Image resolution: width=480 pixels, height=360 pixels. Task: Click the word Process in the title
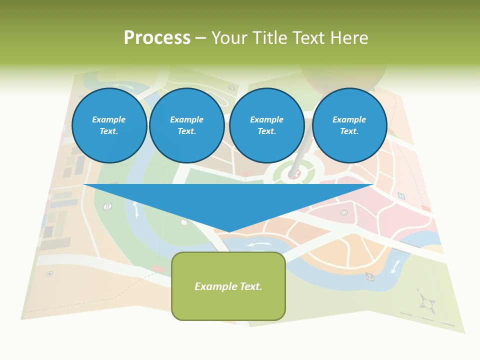[x=157, y=38]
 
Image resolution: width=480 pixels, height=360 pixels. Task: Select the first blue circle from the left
[x=109, y=125]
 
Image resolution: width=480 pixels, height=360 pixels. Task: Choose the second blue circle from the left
[x=186, y=125]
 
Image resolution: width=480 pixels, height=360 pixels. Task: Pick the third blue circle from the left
[x=266, y=125]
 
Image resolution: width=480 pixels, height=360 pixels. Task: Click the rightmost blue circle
[x=349, y=125]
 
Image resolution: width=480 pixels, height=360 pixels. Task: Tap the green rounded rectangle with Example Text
[x=228, y=286]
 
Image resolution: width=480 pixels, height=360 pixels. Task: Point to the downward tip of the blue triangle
[x=228, y=231]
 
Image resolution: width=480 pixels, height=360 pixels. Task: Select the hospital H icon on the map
[x=401, y=195]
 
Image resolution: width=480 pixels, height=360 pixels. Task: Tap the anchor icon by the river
[x=369, y=275]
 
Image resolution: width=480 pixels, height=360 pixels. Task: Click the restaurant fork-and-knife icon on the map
[x=107, y=206]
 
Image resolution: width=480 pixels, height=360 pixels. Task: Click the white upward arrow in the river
[x=135, y=208]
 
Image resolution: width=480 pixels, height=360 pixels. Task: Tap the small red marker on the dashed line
[x=158, y=269]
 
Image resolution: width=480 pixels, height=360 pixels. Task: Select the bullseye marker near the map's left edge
[x=49, y=273]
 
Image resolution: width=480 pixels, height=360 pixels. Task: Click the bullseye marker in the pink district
[x=344, y=212]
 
